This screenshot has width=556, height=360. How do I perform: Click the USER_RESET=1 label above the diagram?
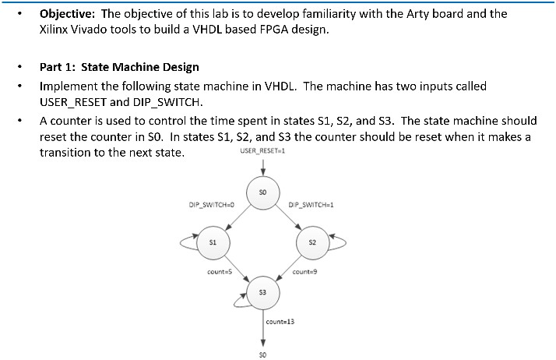(262, 150)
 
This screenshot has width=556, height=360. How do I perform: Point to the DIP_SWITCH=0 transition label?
(211, 205)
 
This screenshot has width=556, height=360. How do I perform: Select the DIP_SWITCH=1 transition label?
(311, 205)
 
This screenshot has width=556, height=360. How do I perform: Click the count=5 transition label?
(220, 272)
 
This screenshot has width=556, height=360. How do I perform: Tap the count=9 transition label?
(304, 272)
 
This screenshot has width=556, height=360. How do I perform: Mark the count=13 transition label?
(280, 322)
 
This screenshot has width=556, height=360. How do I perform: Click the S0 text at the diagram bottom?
(262, 355)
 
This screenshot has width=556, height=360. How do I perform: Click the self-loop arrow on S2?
(345, 242)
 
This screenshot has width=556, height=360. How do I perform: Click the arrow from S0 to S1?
(238, 217)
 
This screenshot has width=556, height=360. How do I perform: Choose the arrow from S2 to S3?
(288, 268)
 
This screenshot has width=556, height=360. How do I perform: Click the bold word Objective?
(67, 14)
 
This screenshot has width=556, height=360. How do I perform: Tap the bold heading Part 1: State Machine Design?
(119, 67)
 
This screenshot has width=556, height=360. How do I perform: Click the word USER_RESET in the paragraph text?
(73, 102)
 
